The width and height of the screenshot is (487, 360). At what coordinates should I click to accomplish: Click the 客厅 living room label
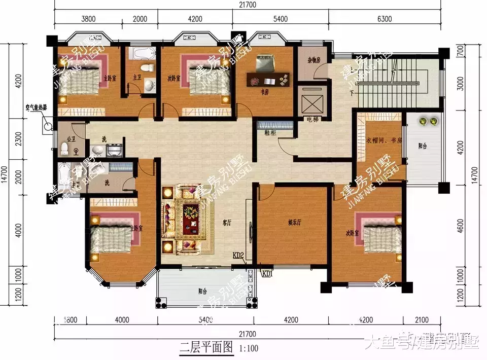tap(227, 222)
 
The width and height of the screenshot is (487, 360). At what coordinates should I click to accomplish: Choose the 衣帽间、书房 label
tap(383, 140)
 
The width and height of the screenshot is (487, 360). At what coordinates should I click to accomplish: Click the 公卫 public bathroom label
tap(71, 138)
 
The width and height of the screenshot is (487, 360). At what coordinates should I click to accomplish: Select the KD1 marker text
tap(267, 273)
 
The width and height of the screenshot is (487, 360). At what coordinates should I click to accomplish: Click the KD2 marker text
tap(238, 255)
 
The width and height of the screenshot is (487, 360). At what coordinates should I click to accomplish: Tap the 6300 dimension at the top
tap(385, 19)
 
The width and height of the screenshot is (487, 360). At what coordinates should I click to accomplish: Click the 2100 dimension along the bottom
tap(421, 320)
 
